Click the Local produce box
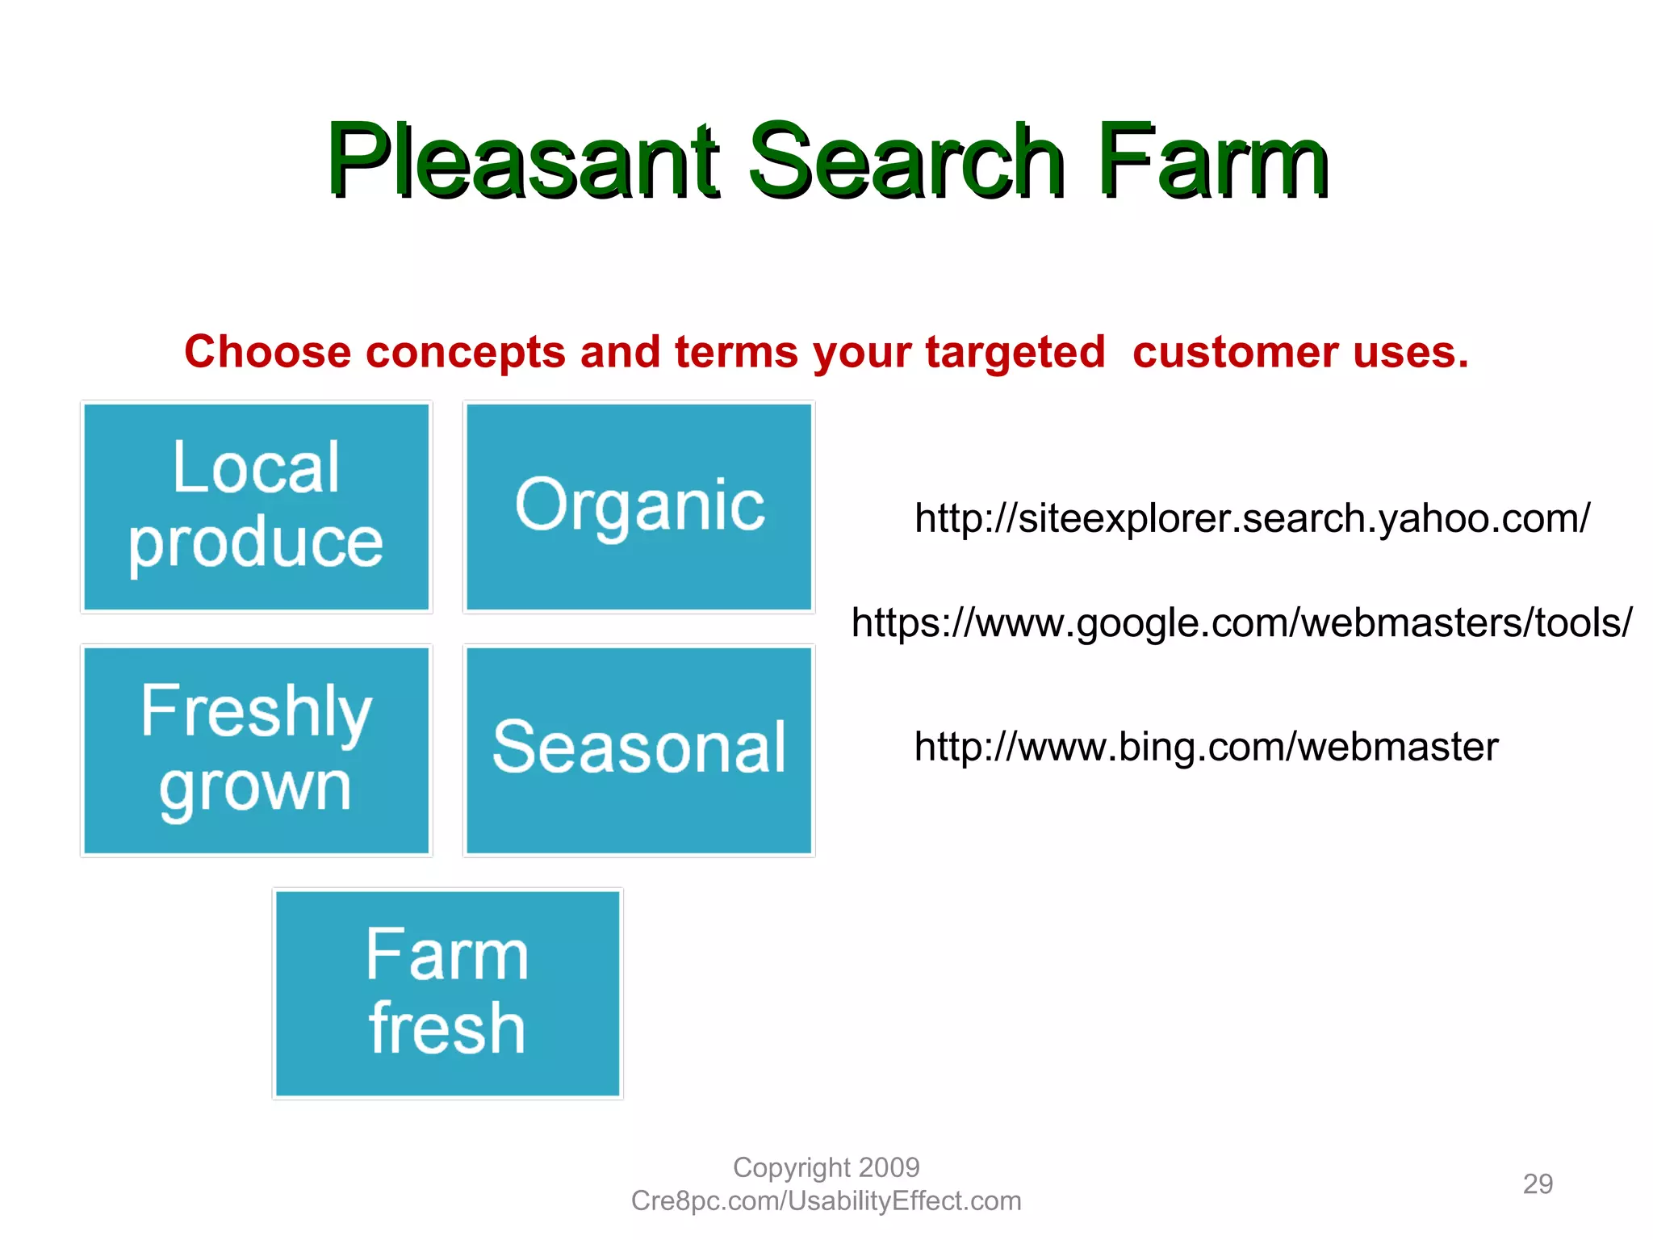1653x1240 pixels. point(257,507)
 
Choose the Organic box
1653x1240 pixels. point(639,507)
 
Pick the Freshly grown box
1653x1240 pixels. point(257,751)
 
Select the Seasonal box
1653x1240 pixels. point(639,751)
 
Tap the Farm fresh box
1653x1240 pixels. point(448,993)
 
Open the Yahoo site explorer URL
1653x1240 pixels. point(1252,518)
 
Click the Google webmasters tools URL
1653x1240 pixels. point(1241,623)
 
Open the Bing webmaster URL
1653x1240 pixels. point(1206,747)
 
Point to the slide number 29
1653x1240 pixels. point(1538,1183)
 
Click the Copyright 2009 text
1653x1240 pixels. point(826,1167)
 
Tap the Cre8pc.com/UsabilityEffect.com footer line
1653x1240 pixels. point(826,1201)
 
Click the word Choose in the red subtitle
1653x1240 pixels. point(267,353)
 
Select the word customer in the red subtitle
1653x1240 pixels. point(1235,353)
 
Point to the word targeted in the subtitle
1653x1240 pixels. point(1015,353)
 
